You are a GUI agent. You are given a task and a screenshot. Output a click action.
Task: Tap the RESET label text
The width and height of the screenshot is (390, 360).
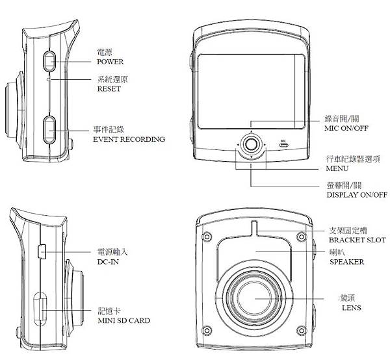[109, 89]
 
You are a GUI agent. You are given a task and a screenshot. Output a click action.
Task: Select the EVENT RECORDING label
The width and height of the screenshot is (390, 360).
[129, 139]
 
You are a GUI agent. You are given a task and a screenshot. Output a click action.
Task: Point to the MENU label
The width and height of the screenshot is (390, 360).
[337, 168]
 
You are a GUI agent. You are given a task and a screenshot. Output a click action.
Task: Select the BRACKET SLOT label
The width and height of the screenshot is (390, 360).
[357, 240]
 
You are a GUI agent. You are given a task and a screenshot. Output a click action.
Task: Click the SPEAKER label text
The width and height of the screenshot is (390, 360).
[346, 263]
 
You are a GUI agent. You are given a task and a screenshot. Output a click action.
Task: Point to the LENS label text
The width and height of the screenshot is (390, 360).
[351, 307]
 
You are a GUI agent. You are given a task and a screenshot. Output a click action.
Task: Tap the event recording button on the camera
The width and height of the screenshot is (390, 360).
[49, 130]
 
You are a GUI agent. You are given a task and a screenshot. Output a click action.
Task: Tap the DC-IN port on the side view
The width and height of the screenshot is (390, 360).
[42, 250]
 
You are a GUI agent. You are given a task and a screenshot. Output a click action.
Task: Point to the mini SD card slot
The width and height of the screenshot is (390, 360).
[39, 311]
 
